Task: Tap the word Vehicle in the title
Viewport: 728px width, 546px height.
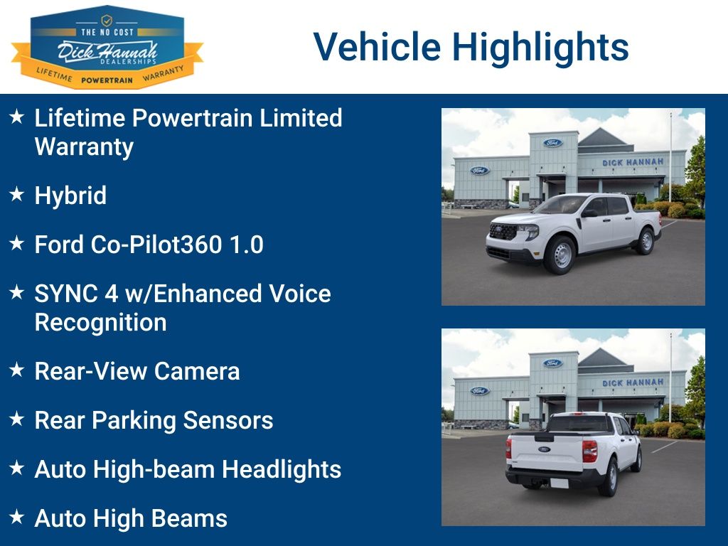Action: click(x=377, y=46)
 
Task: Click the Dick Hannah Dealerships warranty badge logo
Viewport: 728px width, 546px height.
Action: click(x=107, y=47)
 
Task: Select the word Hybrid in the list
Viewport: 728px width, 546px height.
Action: click(x=70, y=196)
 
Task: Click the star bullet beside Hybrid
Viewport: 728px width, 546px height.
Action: click(x=17, y=194)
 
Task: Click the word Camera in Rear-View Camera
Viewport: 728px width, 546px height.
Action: click(x=197, y=371)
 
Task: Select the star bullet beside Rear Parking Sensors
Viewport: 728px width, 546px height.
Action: click(x=17, y=419)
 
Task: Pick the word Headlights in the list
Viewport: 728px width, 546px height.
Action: click(x=282, y=469)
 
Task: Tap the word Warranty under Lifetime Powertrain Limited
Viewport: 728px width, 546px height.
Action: click(x=84, y=147)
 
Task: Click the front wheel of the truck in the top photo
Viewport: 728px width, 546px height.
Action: click(x=560, y=255)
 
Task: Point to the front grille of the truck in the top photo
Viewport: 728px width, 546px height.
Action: click(x=503, y=231)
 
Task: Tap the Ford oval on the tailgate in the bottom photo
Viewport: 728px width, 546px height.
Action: click(x=544, y=449)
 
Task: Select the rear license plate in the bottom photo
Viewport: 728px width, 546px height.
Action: click(x=559, y=483)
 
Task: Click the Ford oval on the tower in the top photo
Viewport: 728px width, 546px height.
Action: click(x=552, y=143)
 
